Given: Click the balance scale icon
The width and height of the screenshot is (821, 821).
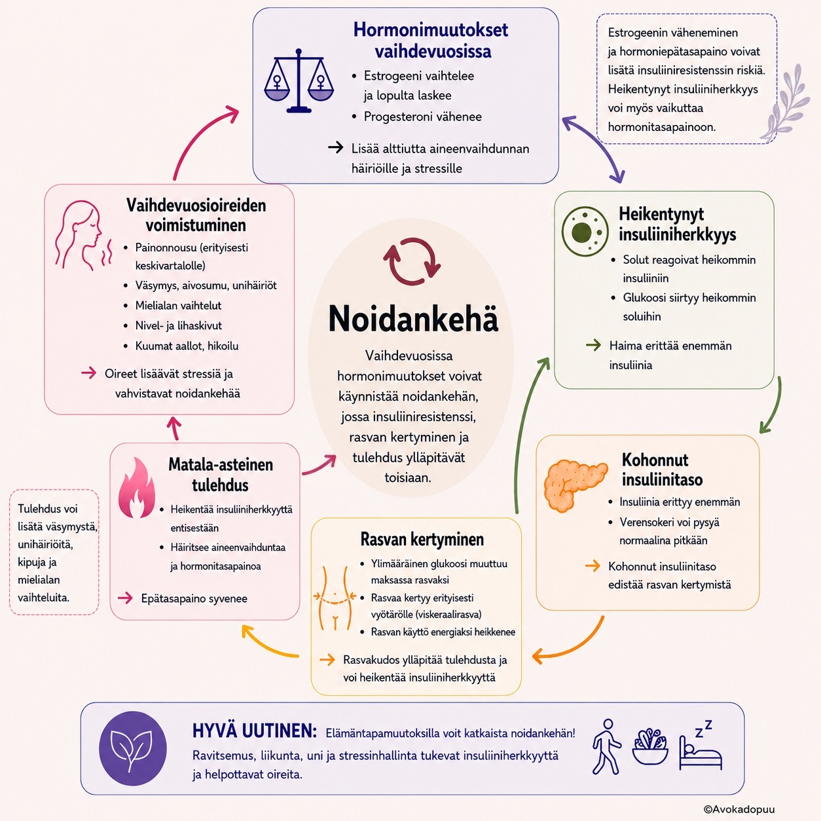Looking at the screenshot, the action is click(x=299, y=81).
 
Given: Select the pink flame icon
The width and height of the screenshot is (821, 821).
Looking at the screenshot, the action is click(x=136, y=488).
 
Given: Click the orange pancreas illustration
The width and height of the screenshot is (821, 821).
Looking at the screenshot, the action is click(x=575, y=484).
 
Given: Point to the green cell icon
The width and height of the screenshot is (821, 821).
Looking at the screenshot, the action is click(x=585, y=232).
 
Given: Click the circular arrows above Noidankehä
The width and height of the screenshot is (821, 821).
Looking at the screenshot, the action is click(x=412, y=261).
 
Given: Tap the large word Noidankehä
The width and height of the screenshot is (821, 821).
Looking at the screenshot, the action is click(x=413, y=319).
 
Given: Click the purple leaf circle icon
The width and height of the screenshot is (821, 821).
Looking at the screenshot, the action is click(x=132, y=748).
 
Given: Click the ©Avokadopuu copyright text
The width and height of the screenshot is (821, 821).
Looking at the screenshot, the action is click(x=739, y=809).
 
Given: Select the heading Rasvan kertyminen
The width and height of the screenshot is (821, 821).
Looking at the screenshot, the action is click(x=422, y=539).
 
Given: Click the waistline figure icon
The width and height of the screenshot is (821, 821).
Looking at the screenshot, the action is click(x=335, y=598).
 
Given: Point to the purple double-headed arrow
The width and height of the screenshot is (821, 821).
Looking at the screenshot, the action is click(x=593, y=149).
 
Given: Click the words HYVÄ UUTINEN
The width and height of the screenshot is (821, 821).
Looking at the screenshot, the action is click(x=254, y=731).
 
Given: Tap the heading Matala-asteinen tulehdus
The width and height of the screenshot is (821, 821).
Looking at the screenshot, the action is click(x=220, y=475).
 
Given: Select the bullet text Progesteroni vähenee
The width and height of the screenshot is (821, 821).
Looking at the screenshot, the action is click(x=423, y=117).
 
